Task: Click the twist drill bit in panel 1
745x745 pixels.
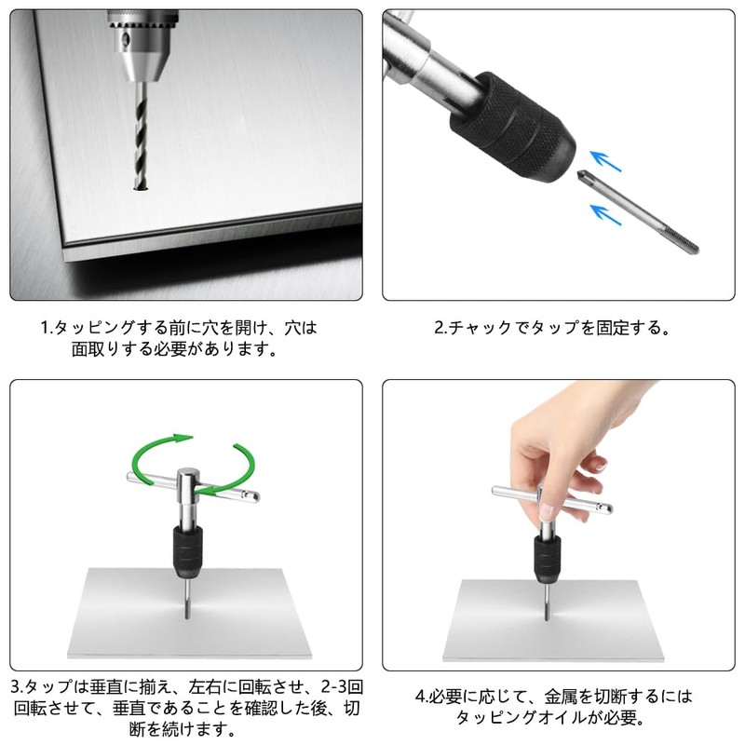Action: [x=142, y=135]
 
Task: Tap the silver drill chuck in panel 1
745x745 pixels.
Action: [x=142, y=46]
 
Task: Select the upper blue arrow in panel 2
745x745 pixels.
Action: [x=605, y=161]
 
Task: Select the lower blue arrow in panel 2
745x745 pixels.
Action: [x=605, y=214]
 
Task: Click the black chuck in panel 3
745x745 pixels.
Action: [x=188, y=551]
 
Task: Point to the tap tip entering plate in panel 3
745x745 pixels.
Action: [x=187, y=614]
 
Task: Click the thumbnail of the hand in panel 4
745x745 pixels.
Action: [x=548, y=511]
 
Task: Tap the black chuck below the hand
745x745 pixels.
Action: [x=548, y=559]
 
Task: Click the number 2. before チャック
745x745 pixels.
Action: [x=441, y=328]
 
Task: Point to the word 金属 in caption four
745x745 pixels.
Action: [x=562, y=697]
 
